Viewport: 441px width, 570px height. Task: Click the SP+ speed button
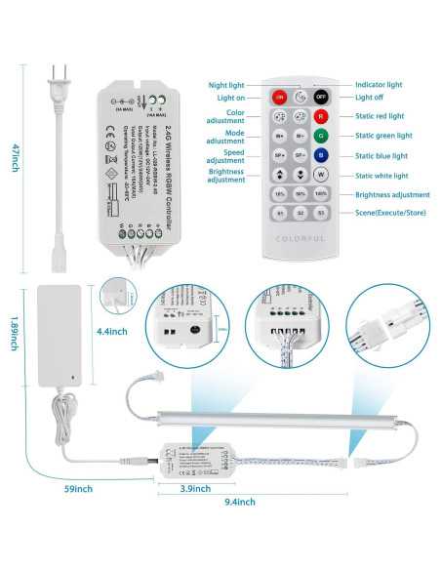click(x=279, y=154)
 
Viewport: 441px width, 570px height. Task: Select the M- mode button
click(x=301, y=136)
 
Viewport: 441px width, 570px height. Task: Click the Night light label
click(x=228, y=85)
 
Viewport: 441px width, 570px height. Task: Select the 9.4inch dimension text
click(x=240, y=529)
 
